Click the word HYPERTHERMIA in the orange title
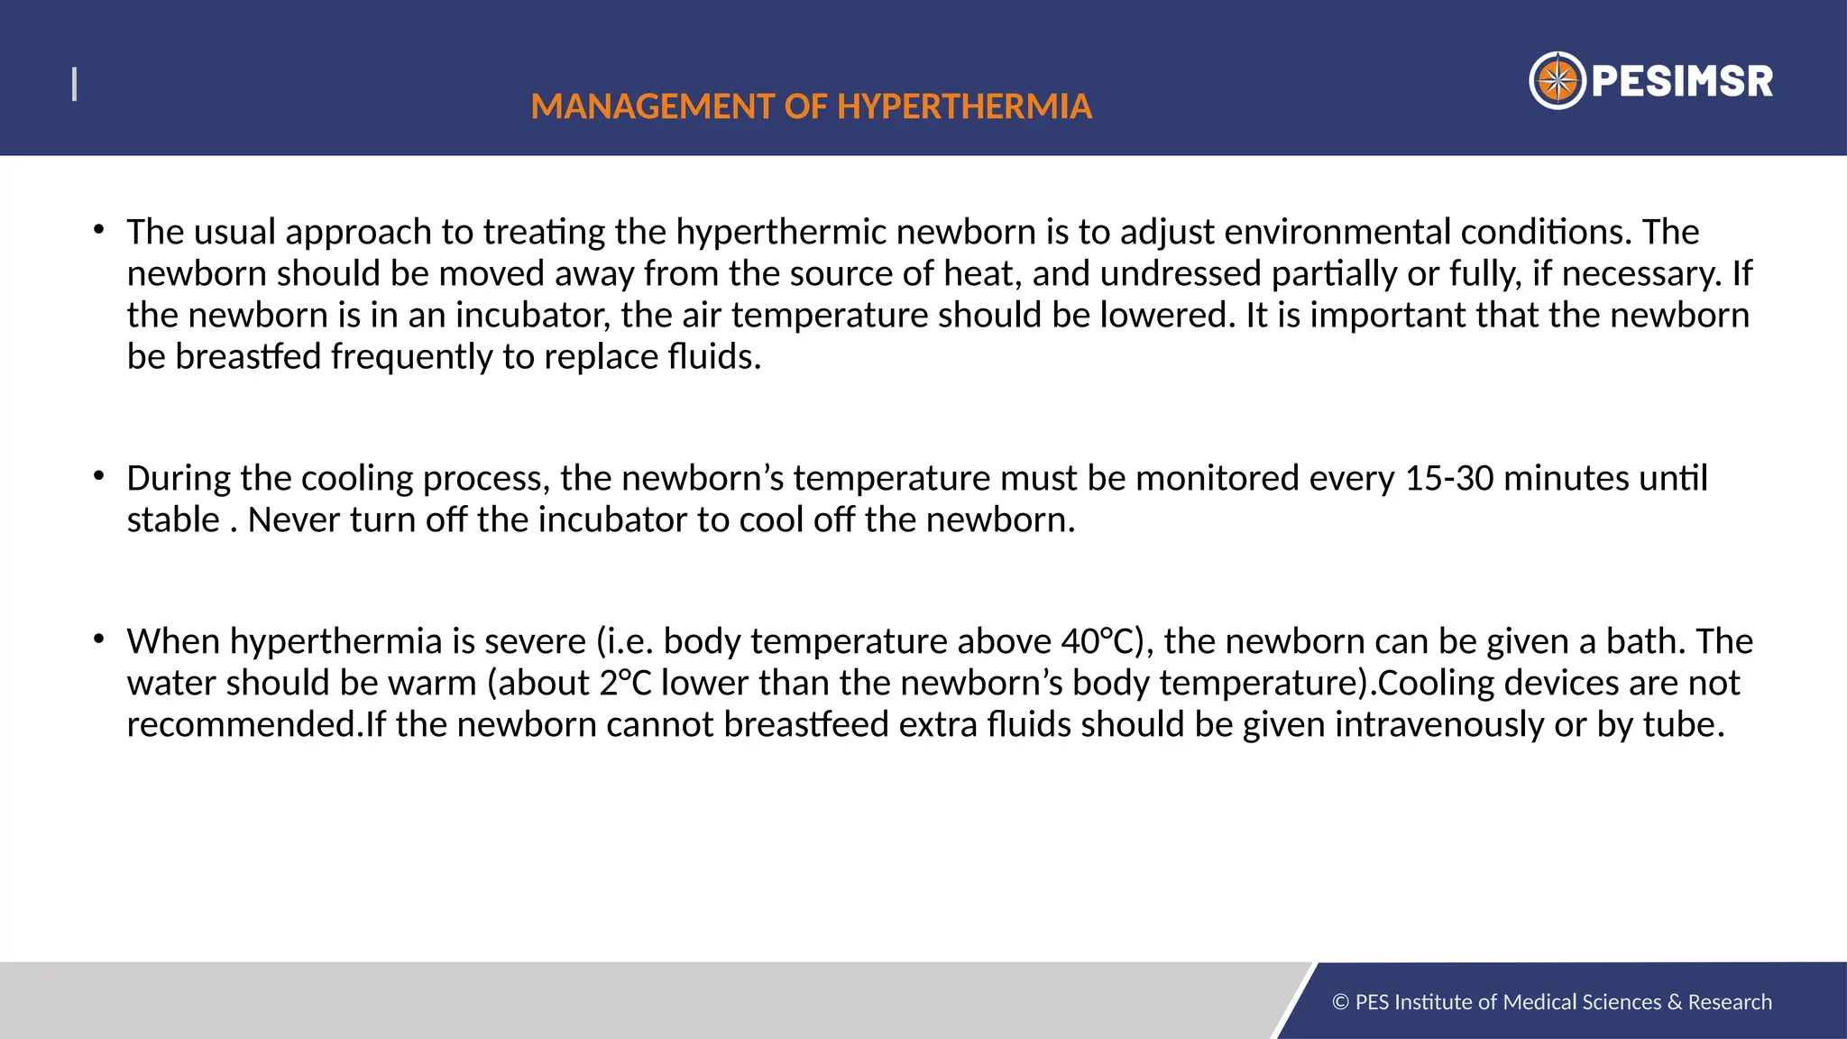click(964, 106)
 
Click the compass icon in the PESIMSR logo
click(1557, 81)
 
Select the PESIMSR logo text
click(1682, 81)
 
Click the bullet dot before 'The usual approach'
click(99, 229)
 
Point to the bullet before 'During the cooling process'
click(99, 474)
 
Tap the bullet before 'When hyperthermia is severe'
click(99, 639)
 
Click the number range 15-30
click(1449, 478)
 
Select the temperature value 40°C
click(1096, 641)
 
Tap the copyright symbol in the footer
click(1340, 1002)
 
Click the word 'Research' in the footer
click(1730, 1002)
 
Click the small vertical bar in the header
click(74, 85)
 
